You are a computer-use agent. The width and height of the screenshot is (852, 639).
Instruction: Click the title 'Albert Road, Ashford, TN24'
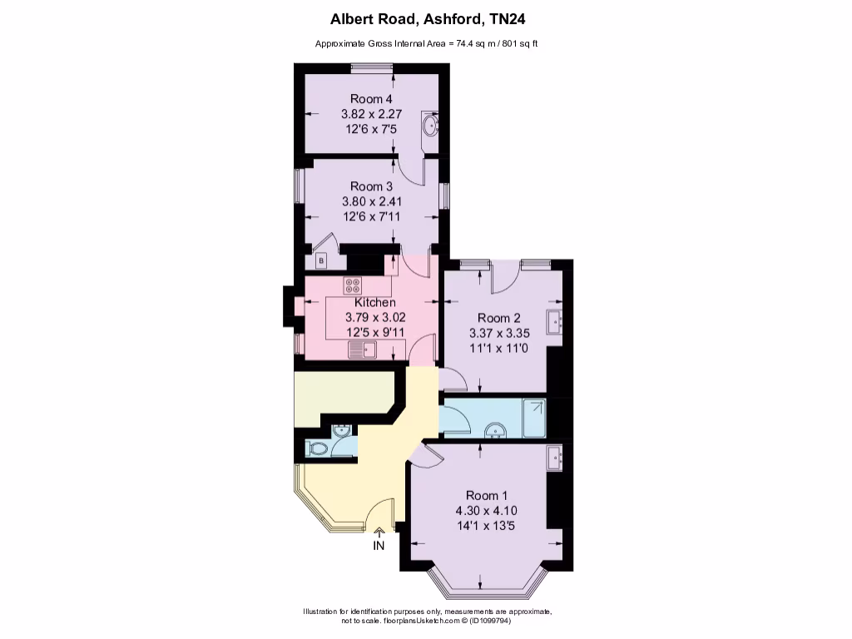click(425, 17)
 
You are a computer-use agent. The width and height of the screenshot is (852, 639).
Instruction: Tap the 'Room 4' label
click(371, 99)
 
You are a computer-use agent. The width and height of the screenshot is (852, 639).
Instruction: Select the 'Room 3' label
click(371, 186)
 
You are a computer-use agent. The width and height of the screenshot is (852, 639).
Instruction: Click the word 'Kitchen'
click(375, 302)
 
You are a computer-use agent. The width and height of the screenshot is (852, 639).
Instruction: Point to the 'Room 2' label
click(499, 317)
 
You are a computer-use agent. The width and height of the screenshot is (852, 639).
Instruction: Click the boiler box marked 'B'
click(322, 261)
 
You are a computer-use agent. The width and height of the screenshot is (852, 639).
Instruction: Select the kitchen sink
click(363, 349)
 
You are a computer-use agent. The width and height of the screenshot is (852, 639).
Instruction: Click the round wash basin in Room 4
click(429, 126)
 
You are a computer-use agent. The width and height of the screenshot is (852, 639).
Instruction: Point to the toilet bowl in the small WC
click(318, 448)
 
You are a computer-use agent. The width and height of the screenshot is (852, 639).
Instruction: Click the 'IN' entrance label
click(379, 546)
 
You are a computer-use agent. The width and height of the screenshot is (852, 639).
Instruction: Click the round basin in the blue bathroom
click(494, 430)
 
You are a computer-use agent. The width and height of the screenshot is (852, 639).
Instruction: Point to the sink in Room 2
click(555, 319)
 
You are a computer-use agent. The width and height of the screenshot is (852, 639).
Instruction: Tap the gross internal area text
click(425, 43)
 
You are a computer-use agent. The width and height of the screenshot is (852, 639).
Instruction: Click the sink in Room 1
click(555, 454)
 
